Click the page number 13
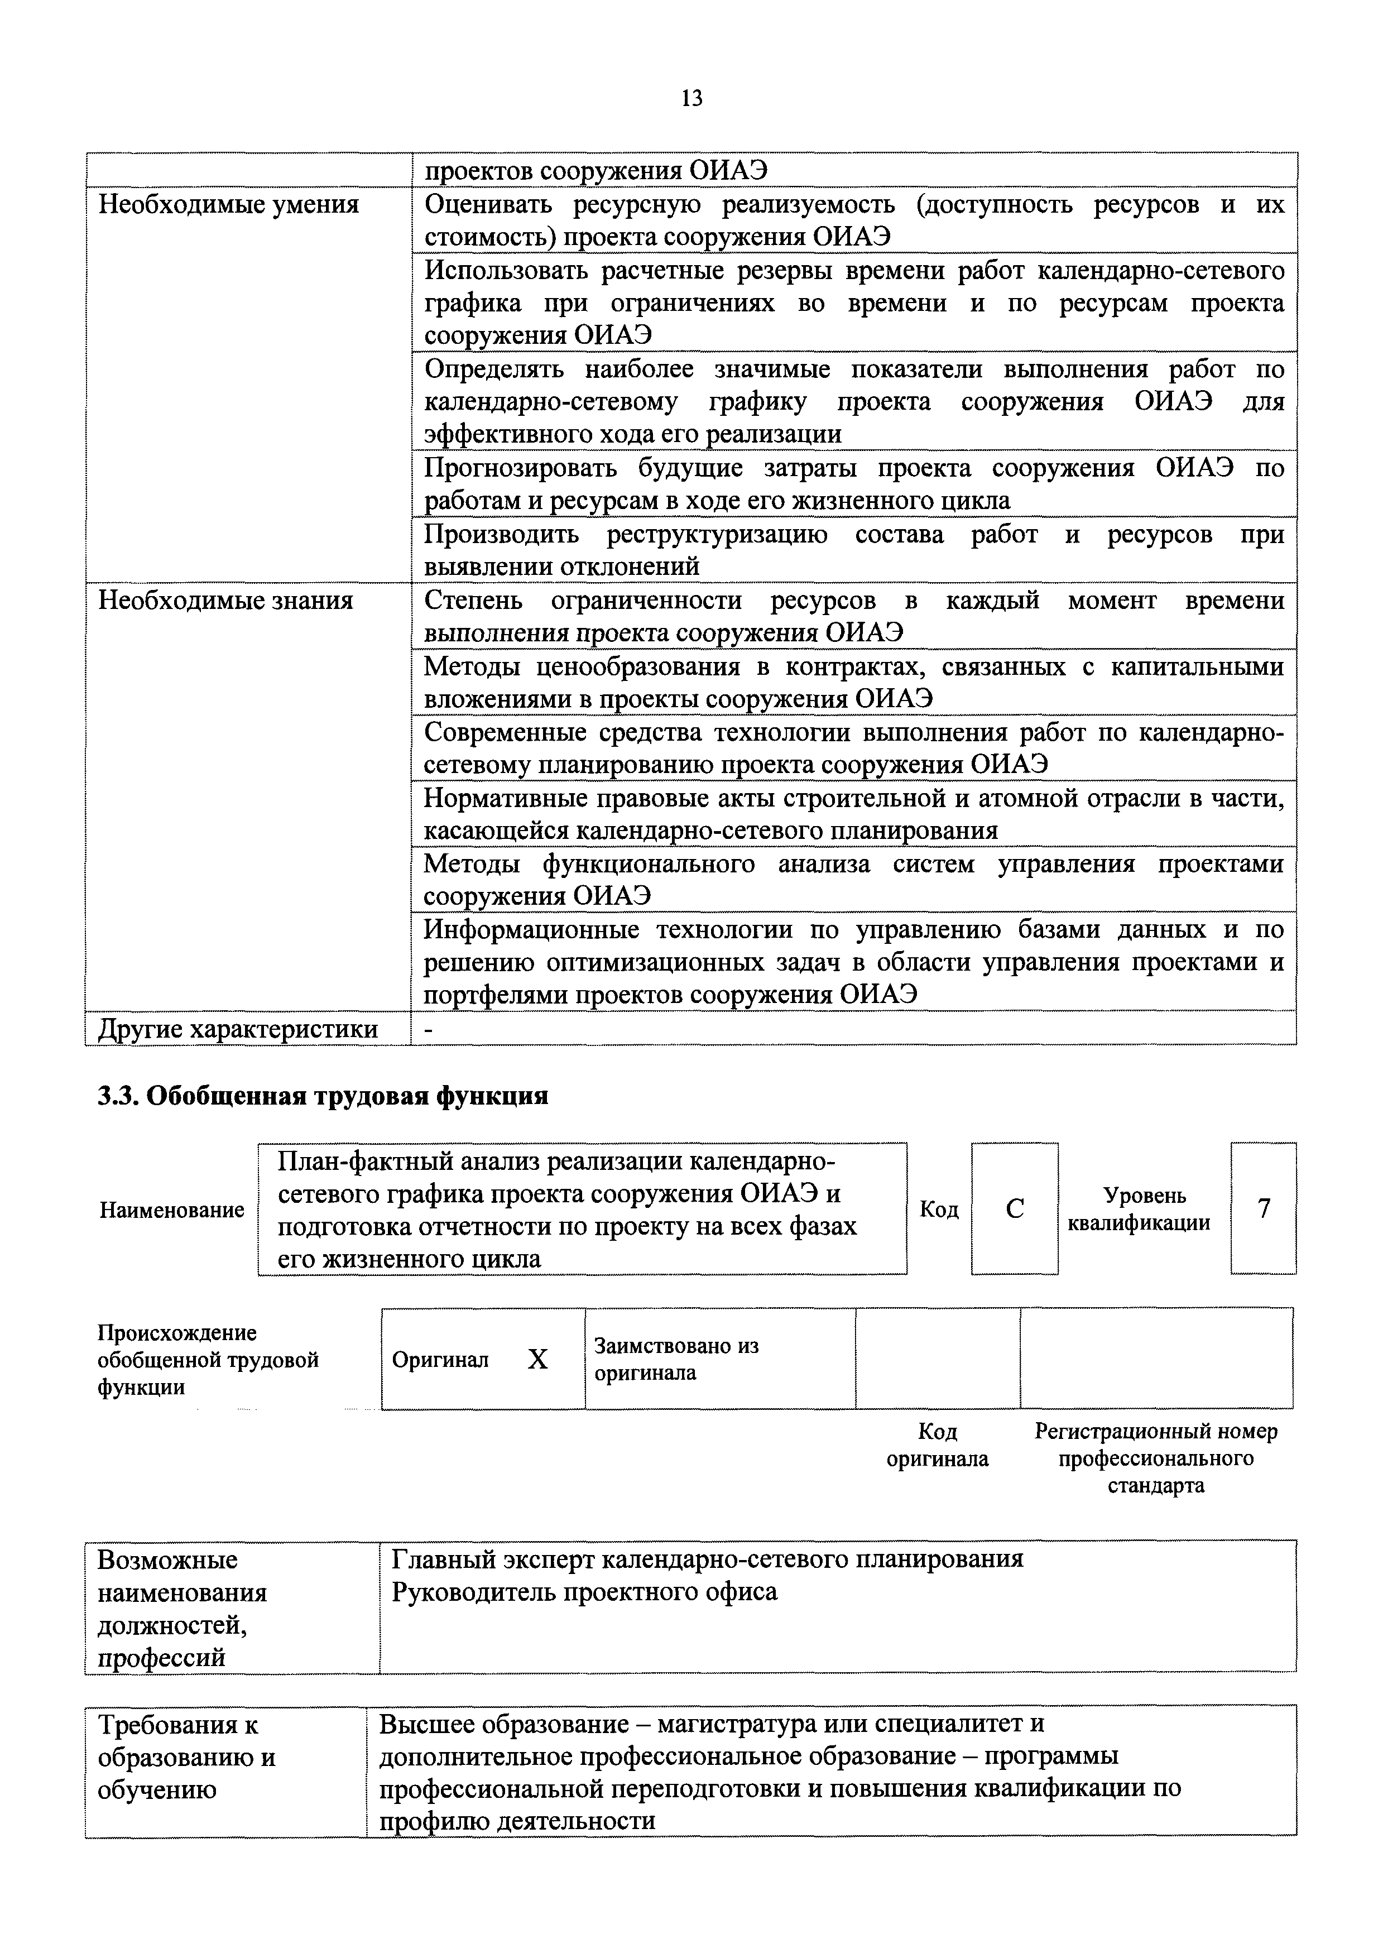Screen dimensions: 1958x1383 pyautogui.click(x=692, y=99)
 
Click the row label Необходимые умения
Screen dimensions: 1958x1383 pyautogui.click(x=228, y=205)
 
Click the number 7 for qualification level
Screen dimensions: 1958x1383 pyautogui.click(x=1264, y=1208)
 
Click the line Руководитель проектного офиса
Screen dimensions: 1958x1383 pyautogui.click(x=584, y=1592)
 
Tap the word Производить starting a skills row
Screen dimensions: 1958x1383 pyautogui.click(x=501, y=535)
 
